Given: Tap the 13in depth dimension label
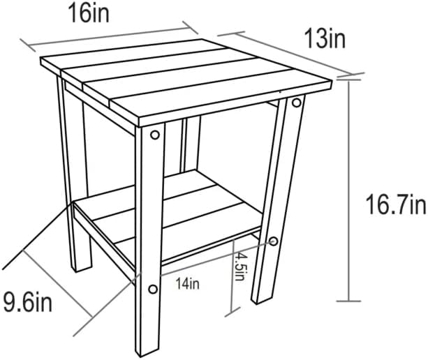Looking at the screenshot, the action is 325,39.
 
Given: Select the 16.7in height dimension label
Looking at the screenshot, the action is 396,204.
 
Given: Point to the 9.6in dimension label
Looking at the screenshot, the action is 27,301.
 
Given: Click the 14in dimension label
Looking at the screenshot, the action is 187,284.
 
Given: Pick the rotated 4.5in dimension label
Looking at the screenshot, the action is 239,267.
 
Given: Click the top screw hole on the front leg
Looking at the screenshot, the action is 155,135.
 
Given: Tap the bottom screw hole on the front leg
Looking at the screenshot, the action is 153,290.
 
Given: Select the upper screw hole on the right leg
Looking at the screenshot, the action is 297,103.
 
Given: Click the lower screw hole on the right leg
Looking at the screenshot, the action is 273,241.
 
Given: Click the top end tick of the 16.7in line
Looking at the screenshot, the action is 349,80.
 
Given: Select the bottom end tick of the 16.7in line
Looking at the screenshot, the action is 349,301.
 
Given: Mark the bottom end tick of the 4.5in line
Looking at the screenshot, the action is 233,313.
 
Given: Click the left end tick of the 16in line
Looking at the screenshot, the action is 28,45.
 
